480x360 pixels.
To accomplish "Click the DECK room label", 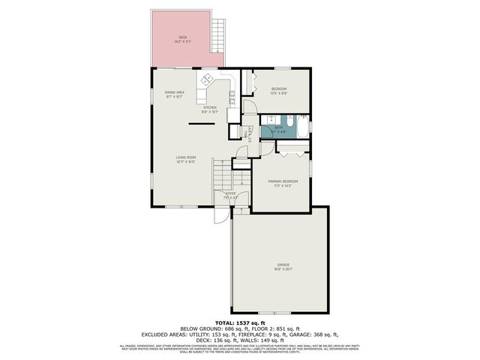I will [x=182, y=37].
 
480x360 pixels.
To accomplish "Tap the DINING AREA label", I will [x=175, y=92].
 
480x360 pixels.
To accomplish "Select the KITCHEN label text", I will [x=210, y=107].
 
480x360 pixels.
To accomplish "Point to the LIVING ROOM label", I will [x=185, y=157].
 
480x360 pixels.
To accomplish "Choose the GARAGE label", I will [x=283, y=265].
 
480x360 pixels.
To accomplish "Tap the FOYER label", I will [x=231, y=193].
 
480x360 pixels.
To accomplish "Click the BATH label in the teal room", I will [x=278, y=128].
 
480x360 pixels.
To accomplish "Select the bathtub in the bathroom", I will [x=301, y=127].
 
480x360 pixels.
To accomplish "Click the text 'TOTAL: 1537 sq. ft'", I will [x=240, y=322].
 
